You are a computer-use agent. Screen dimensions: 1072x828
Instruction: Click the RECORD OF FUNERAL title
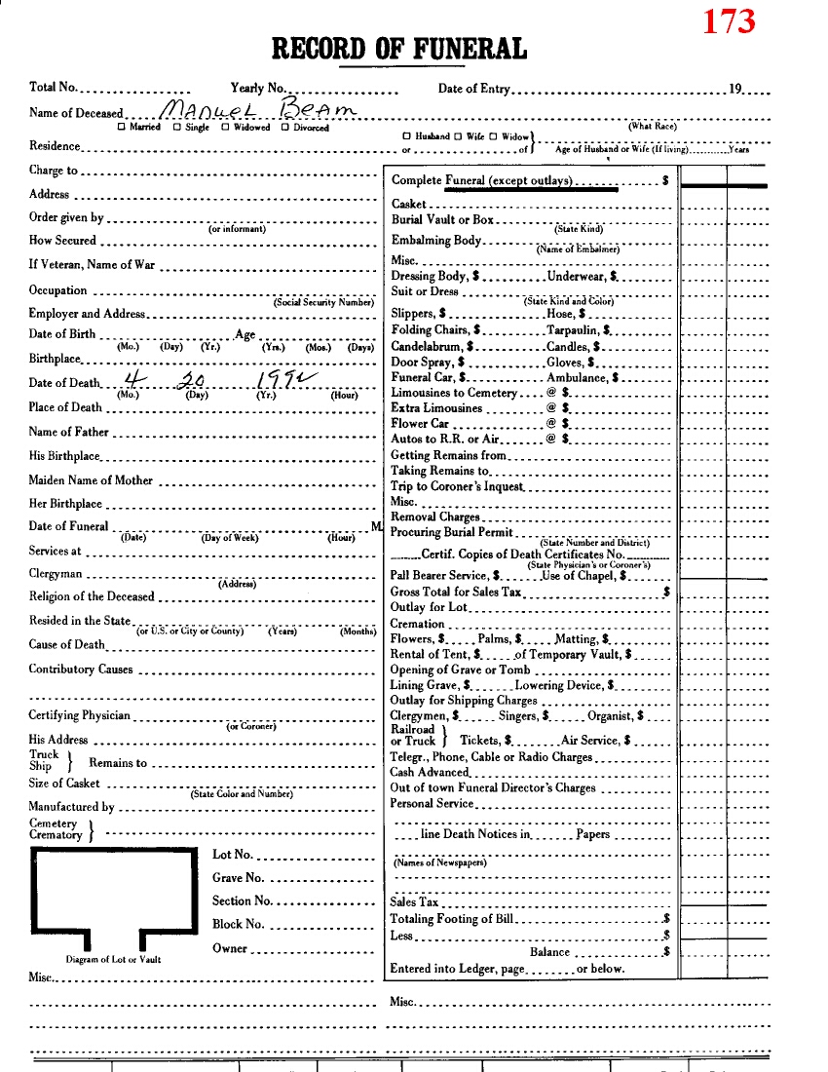(x=399, y=48)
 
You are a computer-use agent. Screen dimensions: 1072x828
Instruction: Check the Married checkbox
(x=122, y=128)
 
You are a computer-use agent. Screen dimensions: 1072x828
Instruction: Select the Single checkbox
(x=176, y=128)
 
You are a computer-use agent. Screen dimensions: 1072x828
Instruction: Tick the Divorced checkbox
(x=285, y=128)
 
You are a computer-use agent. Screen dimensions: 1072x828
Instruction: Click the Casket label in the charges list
(x=409, y=204)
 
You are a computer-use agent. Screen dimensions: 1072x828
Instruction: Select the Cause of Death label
(x=66, y=645)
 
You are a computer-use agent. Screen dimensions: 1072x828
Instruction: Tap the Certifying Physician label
(x=79, y=716)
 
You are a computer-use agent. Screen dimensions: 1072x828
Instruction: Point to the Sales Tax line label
(x=414, y=902)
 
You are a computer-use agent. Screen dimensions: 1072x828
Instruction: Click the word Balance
(x=549, y=952)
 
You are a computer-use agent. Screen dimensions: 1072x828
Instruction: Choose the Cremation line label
(x=417, y=624)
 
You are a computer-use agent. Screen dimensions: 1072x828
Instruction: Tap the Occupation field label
(x=57, y=290)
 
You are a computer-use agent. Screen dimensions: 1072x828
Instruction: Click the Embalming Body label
(x=436, y=241)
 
